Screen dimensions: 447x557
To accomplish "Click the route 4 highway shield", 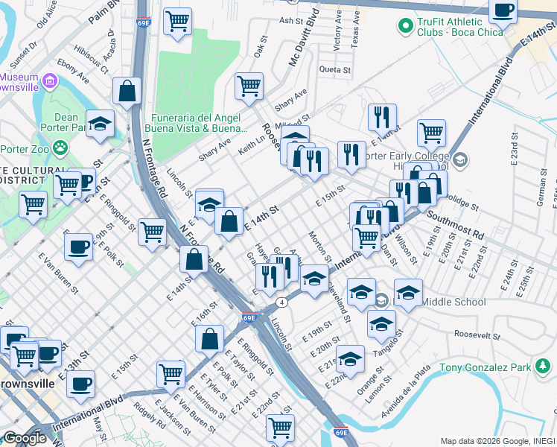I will click(281, 302).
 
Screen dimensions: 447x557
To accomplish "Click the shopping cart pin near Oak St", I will click(249, 86).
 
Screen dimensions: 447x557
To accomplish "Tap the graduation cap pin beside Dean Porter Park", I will click(100, 124).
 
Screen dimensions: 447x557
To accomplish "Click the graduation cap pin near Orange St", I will click(350, 359).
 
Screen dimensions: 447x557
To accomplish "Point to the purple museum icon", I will click(49, 80).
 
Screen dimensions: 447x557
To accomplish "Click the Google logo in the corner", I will click(24, 438).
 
